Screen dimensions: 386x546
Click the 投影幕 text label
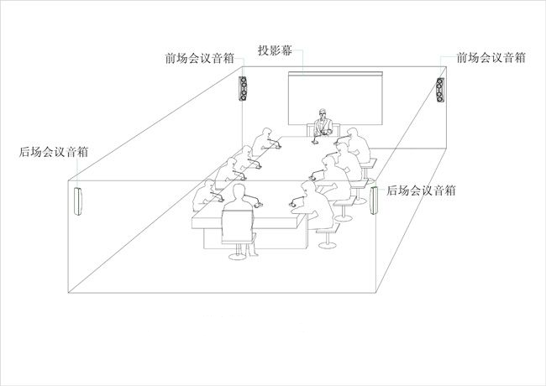pos(276,50)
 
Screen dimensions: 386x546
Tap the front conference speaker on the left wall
pos(244,89)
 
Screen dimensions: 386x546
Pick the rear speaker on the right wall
pos(374,201)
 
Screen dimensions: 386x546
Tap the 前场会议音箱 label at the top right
pos(491,58)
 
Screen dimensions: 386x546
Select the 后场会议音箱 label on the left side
pos(55,152)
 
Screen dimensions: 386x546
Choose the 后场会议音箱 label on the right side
pos(421,190)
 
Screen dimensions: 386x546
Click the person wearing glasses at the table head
pos(322,123)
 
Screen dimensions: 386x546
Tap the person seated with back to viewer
pos(238,206)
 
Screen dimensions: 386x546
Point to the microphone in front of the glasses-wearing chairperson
pos(322,133)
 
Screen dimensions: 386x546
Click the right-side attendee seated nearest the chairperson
pos(354,143)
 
